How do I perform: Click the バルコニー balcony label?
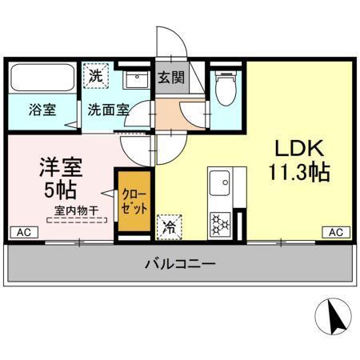[180, 262]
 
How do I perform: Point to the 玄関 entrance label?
[170, 78]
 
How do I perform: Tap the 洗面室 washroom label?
[108, 110]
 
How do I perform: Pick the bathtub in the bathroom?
[42, 78]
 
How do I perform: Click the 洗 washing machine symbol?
[95, 77]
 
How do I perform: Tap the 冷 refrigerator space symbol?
[170, 227]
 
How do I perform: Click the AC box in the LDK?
[335, 231]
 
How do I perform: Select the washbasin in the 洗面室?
[134, 80]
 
